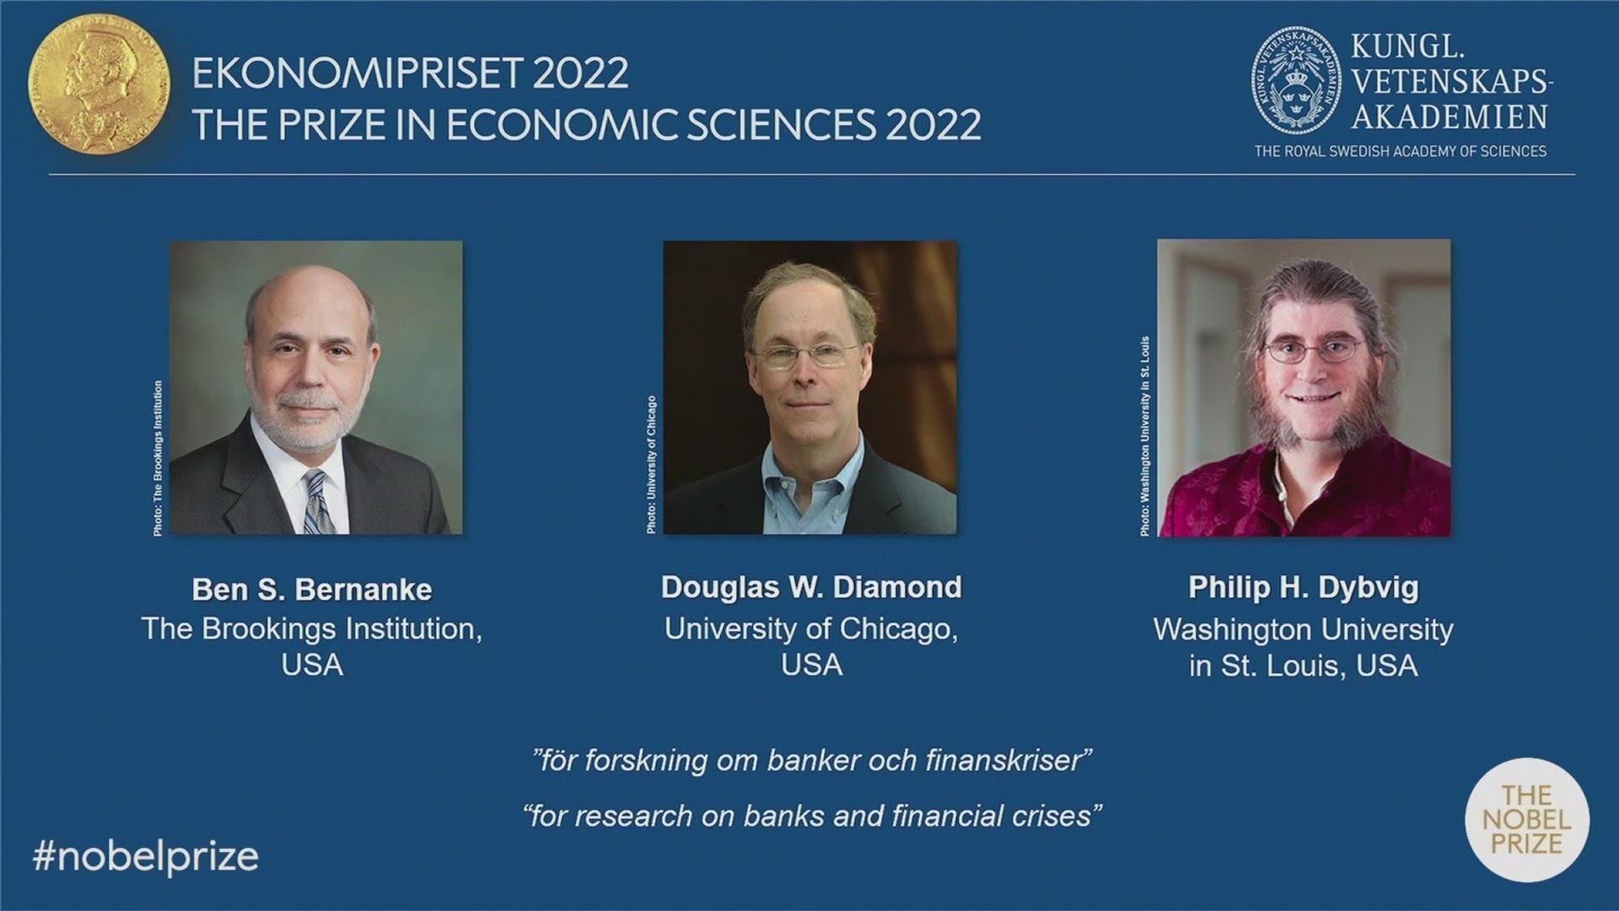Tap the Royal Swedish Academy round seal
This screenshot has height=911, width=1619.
[x=1296, y=82]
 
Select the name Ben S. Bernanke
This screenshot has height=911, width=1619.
[x=312, y=590]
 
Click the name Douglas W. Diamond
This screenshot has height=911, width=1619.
[x=811, y=587]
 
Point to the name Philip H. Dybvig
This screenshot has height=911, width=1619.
[x=1304, y=588]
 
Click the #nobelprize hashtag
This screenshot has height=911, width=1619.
[x=146, y=857]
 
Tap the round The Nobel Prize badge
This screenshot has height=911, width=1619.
[x=1527, y=819]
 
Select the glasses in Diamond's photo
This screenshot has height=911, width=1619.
[x=805, y=355]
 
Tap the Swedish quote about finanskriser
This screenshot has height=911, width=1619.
[x=812, y=761]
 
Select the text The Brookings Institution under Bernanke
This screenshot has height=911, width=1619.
[x=312, y=629]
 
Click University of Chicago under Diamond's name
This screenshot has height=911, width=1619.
[x=811, y=629]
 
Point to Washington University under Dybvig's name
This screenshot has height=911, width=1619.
[x=1304, y=630]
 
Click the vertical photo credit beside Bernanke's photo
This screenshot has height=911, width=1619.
[x=158, y=458]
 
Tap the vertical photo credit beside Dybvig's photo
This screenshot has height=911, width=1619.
[x=1144, y=437]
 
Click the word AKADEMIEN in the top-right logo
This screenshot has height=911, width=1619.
[x=1450, y=116]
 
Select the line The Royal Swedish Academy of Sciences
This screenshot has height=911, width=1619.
[x=1401, y=152]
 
